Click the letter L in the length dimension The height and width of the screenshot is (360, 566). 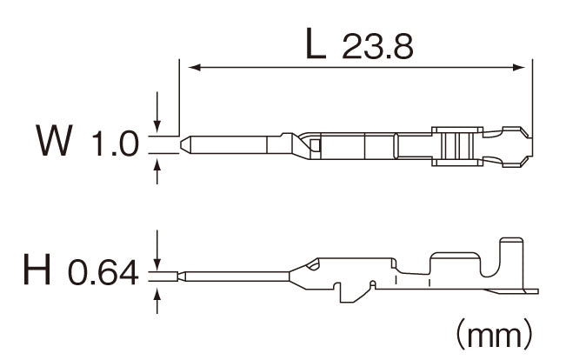coord(316,44)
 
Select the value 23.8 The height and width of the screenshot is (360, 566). coord(377,47)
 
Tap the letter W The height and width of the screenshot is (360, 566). coord(54,140)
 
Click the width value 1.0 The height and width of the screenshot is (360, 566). coord(115,143)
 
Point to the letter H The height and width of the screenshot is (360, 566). coord(37,269)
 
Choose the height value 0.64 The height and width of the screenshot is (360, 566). coord(103,272)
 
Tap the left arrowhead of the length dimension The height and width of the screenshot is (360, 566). coord(195,67)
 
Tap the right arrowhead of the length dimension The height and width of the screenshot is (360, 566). coord(519,67)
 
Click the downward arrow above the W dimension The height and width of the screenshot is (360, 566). coord(157,112)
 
